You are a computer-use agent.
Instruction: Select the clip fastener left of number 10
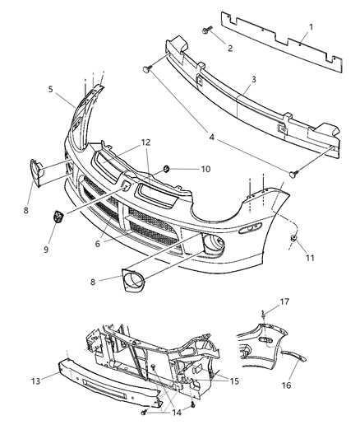(167, 169)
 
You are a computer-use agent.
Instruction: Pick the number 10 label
(205, 169)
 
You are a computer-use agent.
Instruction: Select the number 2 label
(229, 48)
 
